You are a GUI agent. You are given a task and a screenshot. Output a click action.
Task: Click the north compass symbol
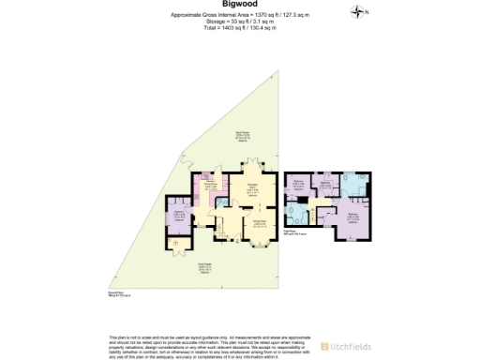(356, 11)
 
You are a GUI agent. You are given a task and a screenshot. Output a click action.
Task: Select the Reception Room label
(252, 188)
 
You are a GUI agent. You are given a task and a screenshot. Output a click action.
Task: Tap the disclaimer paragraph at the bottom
(206, 344)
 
